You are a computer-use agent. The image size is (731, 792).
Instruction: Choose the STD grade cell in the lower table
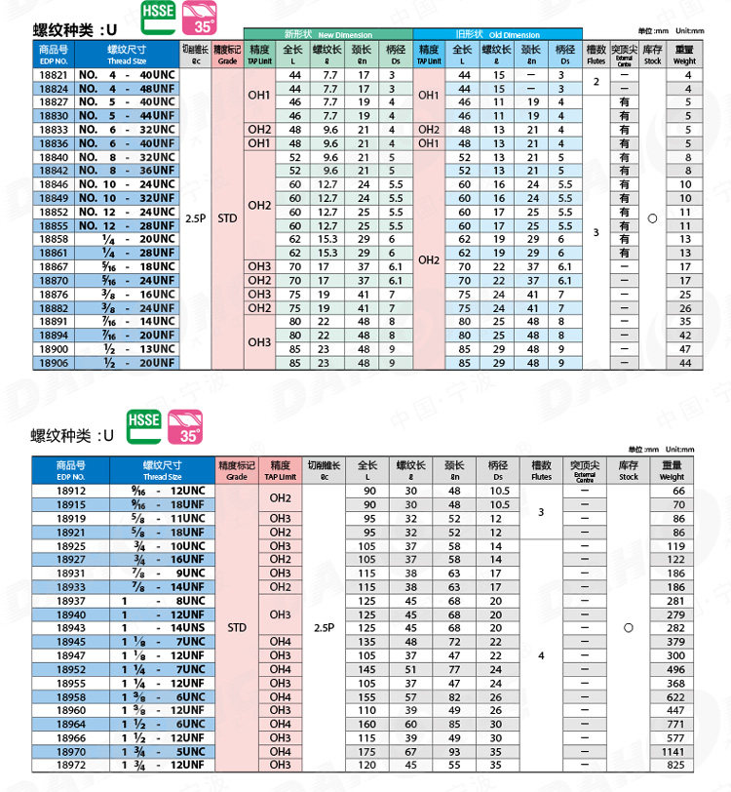click(x=237, y=628)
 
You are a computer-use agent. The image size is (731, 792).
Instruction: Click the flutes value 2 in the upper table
click(x=596, y=82)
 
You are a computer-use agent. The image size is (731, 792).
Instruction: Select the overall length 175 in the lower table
click(x=367, y=752)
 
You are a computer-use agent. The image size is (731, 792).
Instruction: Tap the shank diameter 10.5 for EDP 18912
click(x=498, y=492)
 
